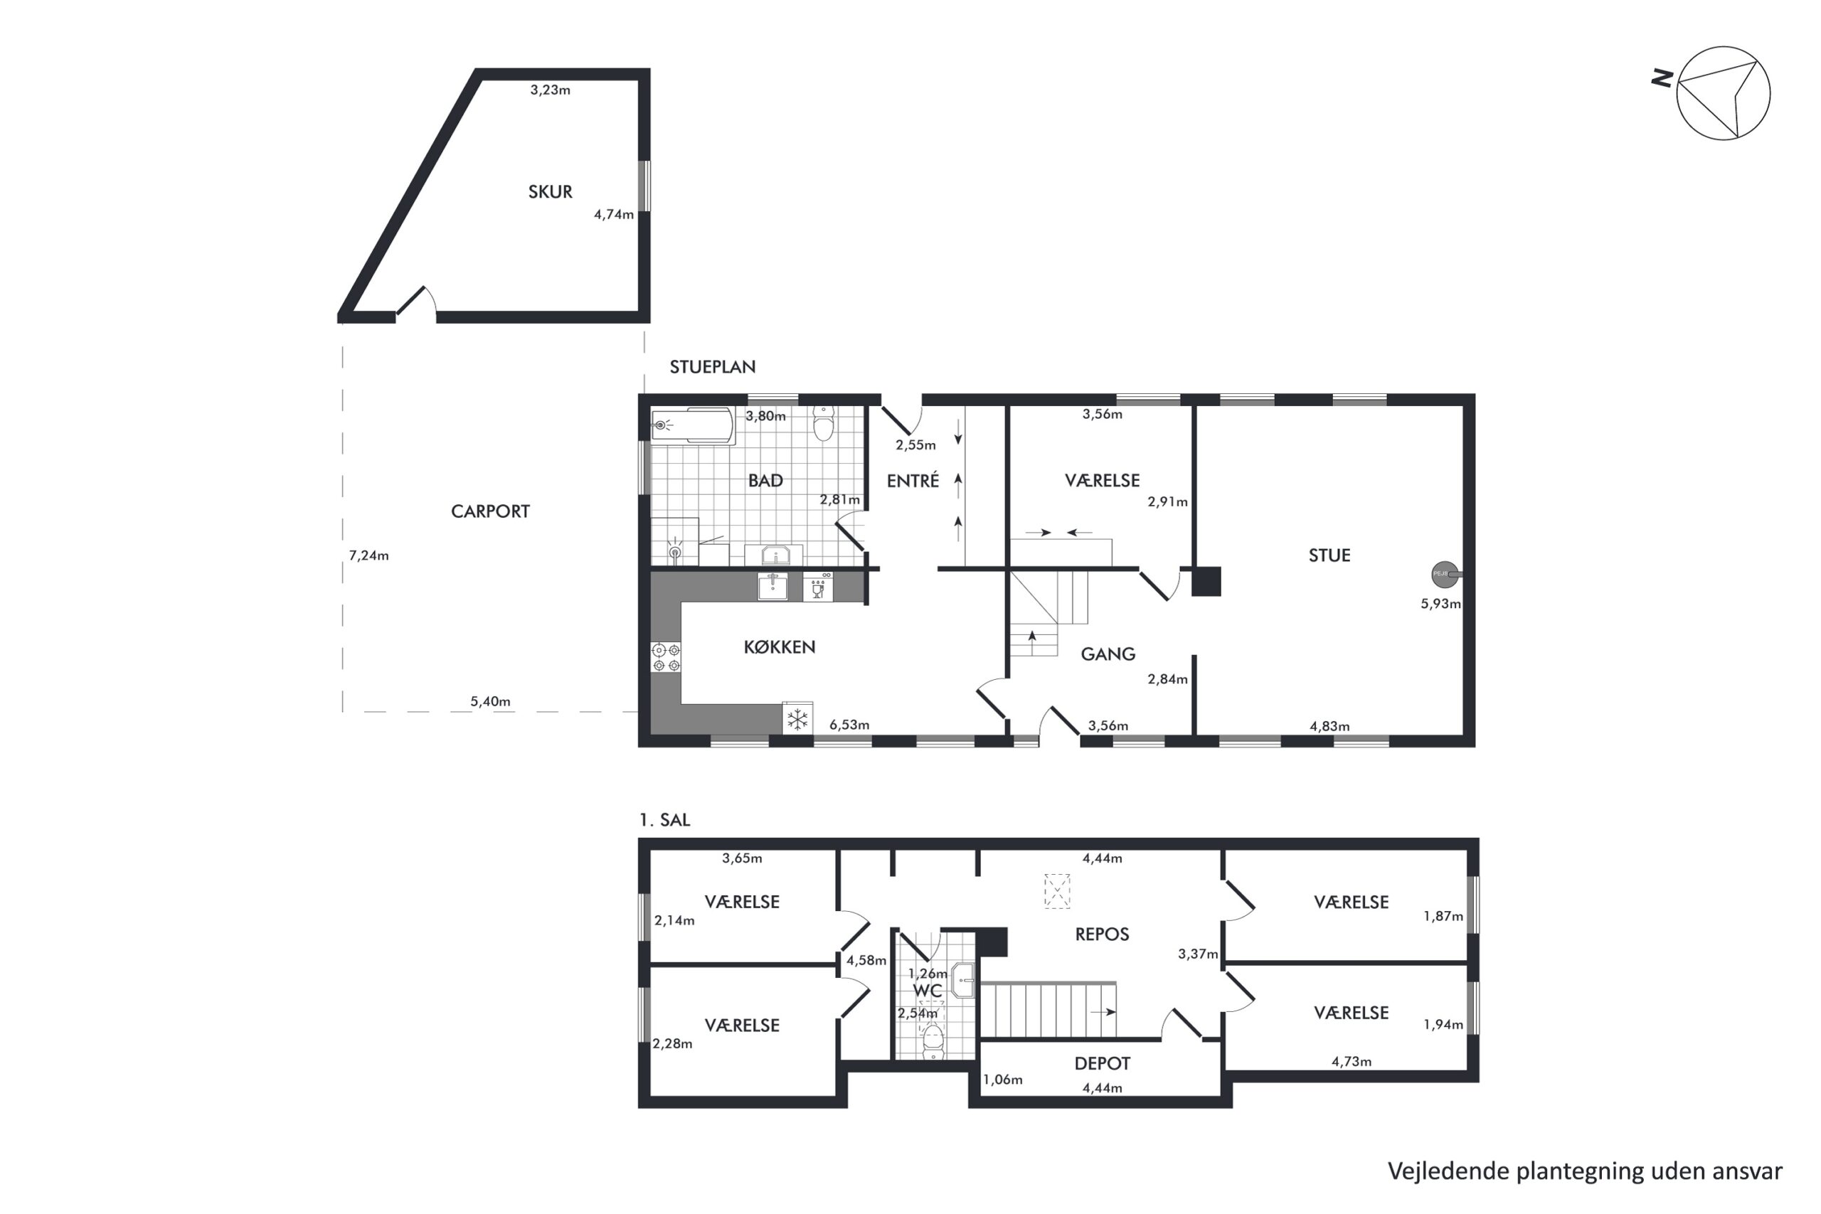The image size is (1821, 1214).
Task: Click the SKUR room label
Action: pyautogui.click(x=550, y=191)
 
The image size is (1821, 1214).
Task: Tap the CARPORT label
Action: pyautogui.click(x=490, y=511)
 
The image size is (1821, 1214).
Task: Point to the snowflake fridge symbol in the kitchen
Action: pyautogui.click(x=797, y=718)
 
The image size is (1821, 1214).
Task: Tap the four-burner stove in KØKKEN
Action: pyautogui.click(x=666, y=657)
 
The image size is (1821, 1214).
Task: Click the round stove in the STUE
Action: pyautogui.click(x=1445, y=575)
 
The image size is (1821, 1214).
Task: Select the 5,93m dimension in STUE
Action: pyautogui.click(x=1440, y=604)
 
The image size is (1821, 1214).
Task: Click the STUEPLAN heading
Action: pyautogui.click(x=712, y=367)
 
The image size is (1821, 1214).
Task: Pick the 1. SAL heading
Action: pyautogui.click(x=664, y=820)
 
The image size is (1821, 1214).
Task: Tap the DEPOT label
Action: pyautogui.click(x=1102, y=1064)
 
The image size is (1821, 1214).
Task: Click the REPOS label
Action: pyautogui.click(x=1102, y=935)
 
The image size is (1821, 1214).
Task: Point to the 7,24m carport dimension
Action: pyautogui.click(x=368, y=555)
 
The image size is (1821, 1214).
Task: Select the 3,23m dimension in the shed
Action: pyautogui.click(x=550, y=90)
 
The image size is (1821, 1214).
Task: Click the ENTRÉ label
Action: pyautogui.click(x=913, y=480)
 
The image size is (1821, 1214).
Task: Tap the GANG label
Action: pyautogui.click(x=1108, y=654)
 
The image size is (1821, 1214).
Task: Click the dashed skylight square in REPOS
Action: pyautogui.click(x=1057, y=891)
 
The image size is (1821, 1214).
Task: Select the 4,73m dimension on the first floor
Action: pyautogui.click(x=1351, y=1062)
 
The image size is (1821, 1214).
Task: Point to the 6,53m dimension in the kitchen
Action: pyautogui.click(x=849, y=725)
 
